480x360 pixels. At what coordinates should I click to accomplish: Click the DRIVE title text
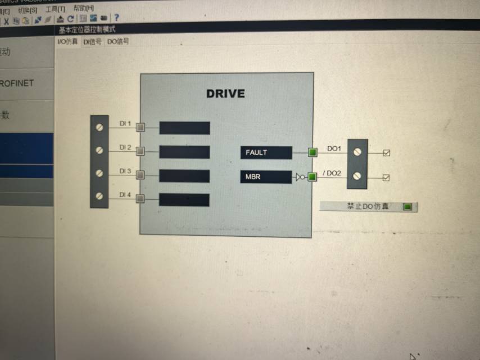[225, 93]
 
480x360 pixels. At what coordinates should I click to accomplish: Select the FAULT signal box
[266, 152]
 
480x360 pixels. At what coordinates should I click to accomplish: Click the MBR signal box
[266, 177]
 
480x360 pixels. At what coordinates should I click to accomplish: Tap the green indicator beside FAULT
[313, 152]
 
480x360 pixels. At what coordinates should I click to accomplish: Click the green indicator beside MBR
[313, 177]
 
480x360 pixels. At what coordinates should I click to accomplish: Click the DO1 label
[334, 149]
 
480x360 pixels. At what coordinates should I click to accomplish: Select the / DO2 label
[332, 173]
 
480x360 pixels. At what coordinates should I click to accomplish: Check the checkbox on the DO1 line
[386, 153]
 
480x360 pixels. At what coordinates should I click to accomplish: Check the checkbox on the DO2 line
[386, 178]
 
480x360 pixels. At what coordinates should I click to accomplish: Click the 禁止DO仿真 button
[369, 206]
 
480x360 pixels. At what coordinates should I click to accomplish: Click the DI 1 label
[125, 123]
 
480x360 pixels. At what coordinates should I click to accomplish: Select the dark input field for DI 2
[184, 152]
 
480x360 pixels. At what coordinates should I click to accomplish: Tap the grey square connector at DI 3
[141, 175]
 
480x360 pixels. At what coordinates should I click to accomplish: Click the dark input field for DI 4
[184, 200]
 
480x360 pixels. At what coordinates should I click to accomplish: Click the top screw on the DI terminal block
[99, 127]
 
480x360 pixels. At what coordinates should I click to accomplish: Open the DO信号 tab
[118, 41]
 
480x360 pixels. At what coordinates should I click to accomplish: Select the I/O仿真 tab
[67, 42]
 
